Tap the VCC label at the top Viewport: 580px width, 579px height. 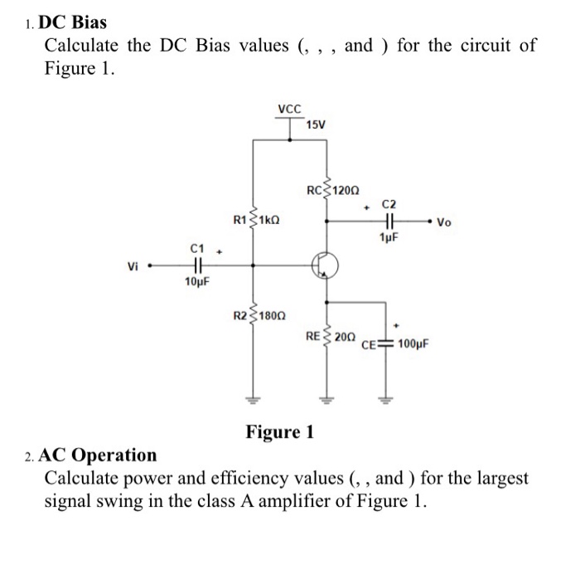tap(290, 109)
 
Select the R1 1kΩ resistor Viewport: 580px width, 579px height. tap(254, 221)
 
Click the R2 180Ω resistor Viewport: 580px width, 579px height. tap(254, 315)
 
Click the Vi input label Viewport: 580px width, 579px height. tap(133, 266)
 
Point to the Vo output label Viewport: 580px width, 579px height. tap(445, 222)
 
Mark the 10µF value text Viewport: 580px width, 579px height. tap(196, 282)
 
